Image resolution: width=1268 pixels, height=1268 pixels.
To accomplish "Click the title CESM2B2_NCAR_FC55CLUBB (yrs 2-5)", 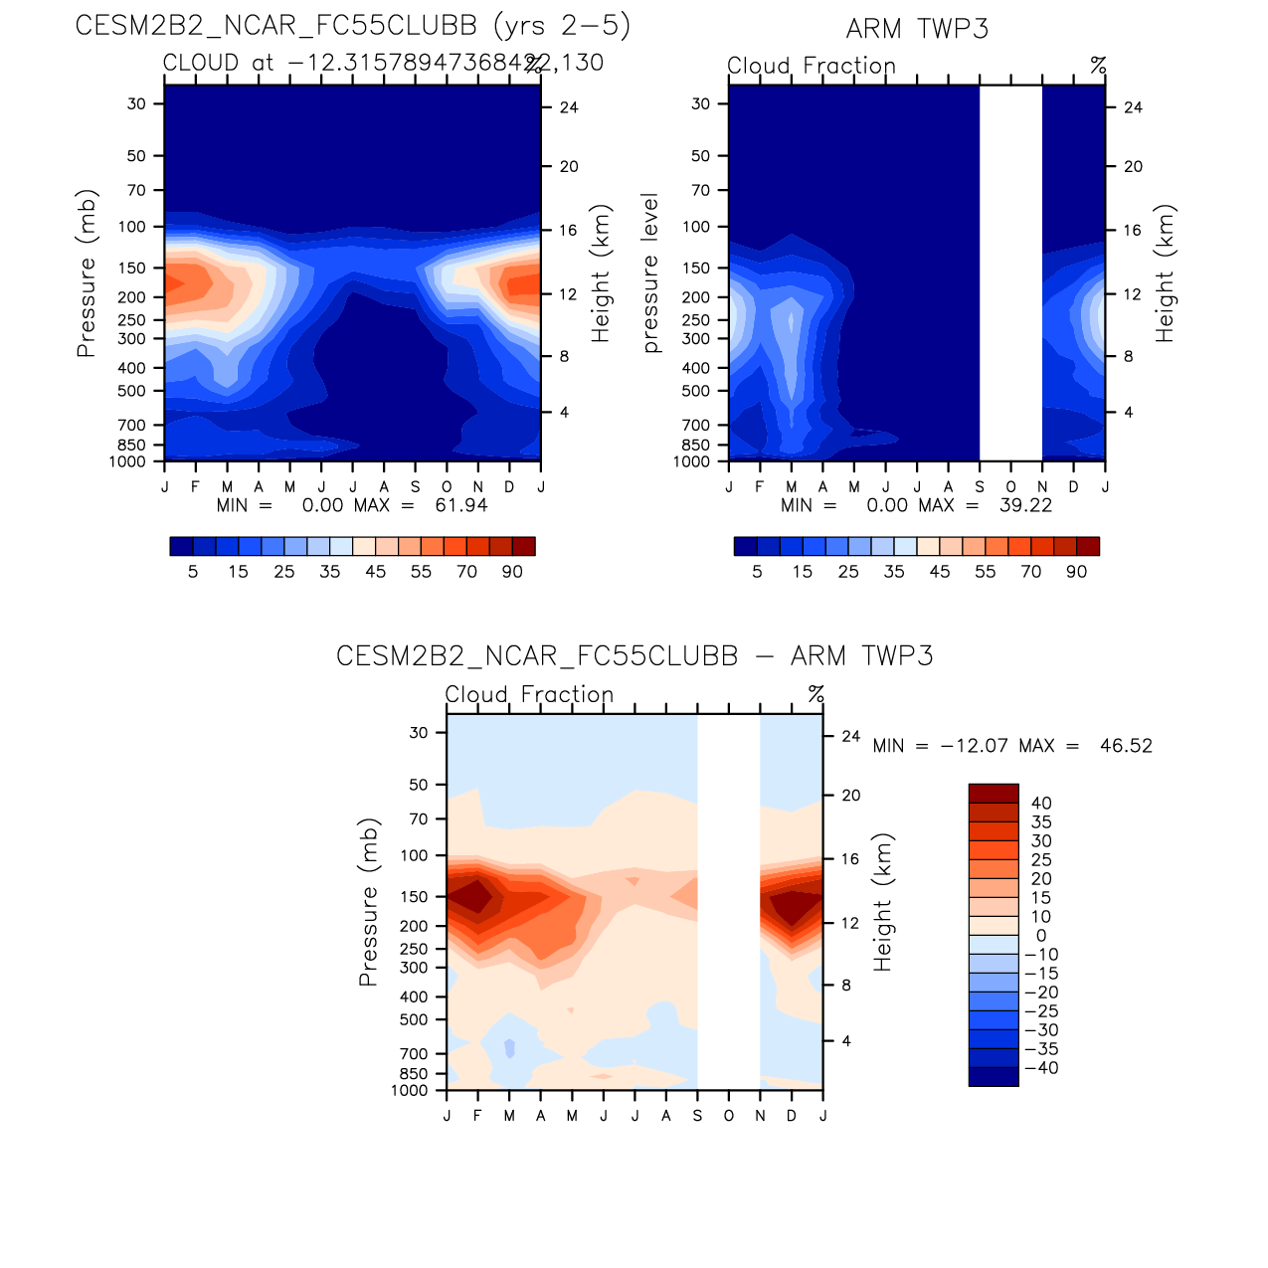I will tap(353, 26).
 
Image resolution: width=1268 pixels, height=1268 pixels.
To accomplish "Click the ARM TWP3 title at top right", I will tap(917, 29).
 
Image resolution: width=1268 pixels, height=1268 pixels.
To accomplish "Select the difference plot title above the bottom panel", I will tap(634, 656).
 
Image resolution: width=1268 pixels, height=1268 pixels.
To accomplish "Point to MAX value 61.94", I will tap(461, 505).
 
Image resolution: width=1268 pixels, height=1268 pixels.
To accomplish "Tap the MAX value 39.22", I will tap(1025, 505).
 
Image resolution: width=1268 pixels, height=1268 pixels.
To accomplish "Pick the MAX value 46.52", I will tap(1126, 746).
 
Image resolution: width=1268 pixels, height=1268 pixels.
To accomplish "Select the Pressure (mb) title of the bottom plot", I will tap(369, 902).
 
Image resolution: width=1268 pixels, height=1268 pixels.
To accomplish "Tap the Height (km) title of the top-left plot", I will tap(600, 273).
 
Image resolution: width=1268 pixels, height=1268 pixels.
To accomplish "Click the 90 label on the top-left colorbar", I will tap(512, 572).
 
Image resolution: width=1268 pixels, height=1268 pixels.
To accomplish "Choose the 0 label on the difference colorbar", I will tap(1041, 936).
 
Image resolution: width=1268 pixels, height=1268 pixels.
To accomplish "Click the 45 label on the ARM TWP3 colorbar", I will tap(940, 572).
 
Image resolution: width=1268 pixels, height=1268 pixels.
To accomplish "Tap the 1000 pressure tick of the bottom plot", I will tap(410, 1091).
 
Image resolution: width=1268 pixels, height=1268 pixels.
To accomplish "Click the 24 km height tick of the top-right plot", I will tap(1133, 107).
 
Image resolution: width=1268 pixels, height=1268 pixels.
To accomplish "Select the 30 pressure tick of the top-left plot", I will tap(136, 103).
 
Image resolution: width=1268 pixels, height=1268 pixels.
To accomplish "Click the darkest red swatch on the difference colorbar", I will tap(994, 794).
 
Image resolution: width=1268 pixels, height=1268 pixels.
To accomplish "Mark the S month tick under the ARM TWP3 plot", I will tap(980, 487).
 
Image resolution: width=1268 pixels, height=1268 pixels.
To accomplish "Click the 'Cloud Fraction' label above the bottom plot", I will tap(529, 694).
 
